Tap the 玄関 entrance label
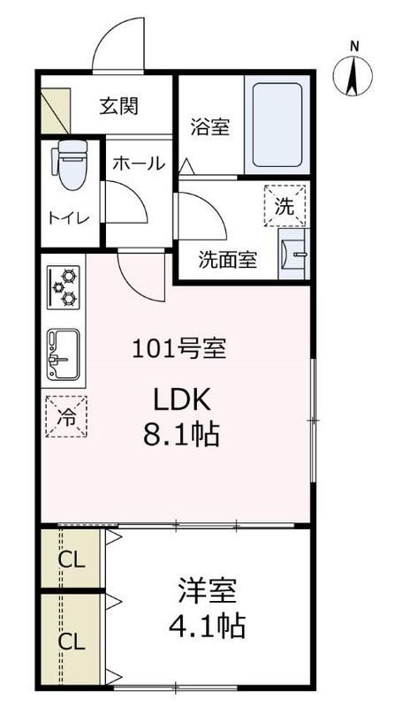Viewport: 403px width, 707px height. [118, 107]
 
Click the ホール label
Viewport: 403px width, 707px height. [137, 163]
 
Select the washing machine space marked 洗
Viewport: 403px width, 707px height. [285, 208]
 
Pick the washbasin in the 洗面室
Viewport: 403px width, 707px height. [292, 255]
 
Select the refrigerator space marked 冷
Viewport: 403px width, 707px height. [66, 414]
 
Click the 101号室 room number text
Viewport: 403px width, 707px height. [179, 348]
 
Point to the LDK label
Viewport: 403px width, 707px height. [182, 400]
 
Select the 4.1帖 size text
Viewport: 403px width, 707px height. [207, 627]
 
